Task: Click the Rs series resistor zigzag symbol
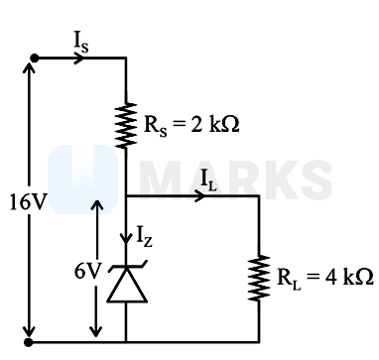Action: (126, 125)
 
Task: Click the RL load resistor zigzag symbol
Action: (259, 278)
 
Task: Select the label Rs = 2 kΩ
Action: (191, 126)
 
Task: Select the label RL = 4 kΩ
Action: (324, 278)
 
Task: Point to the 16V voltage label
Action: (28, 202)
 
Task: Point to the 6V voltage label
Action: (87, 272)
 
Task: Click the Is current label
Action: (81, 43)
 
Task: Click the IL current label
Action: (208, 181)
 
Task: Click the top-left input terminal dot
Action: (34, 59)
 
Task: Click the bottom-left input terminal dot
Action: (29, 342)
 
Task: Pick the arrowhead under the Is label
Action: (79, 59)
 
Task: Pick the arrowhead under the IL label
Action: (199, 196)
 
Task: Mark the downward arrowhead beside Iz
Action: (126, 239)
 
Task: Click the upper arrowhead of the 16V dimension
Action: (29, 67)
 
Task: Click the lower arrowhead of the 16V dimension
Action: (29, 331)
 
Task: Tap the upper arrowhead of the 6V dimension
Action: (97, 205)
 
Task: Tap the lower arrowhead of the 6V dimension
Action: (96, 331)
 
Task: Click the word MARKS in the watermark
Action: (235, 180)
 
